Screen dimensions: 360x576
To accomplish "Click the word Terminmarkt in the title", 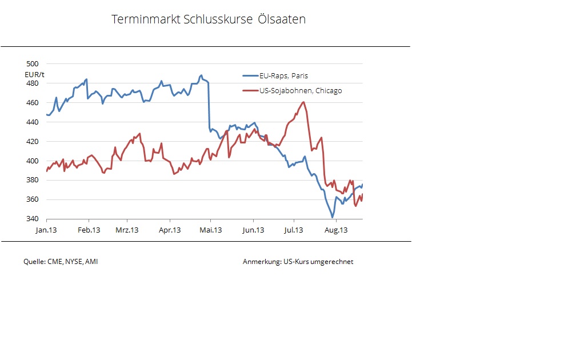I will [x=146, y=19].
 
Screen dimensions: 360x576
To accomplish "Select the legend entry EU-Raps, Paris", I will [x=283, y=75].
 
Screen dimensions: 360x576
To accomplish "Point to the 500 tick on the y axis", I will [x=33, y=64].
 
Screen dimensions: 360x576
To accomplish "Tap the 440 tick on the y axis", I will [x=33, y=122].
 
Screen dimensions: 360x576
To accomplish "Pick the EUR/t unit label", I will [x=35, y=74].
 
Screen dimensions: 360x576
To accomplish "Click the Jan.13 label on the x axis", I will [x=46, y=230].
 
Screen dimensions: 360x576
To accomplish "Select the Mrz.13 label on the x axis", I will [x=127, y=230].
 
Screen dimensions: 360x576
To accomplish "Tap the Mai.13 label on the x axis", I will [x=210, y=230].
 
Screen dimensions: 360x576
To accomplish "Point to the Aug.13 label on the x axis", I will [x=336, y=230].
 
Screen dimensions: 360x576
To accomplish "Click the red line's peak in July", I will [x=303, y=102].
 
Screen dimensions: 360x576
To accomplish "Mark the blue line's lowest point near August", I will [x=332, y=217].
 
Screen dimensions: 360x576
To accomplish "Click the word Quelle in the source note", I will [x=34, y=262].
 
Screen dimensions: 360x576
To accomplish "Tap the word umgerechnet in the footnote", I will [x=332, y=262].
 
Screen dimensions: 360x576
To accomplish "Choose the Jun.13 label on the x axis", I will [x=253, y=230].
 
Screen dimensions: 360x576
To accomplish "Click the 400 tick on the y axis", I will [x=33, y=161].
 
